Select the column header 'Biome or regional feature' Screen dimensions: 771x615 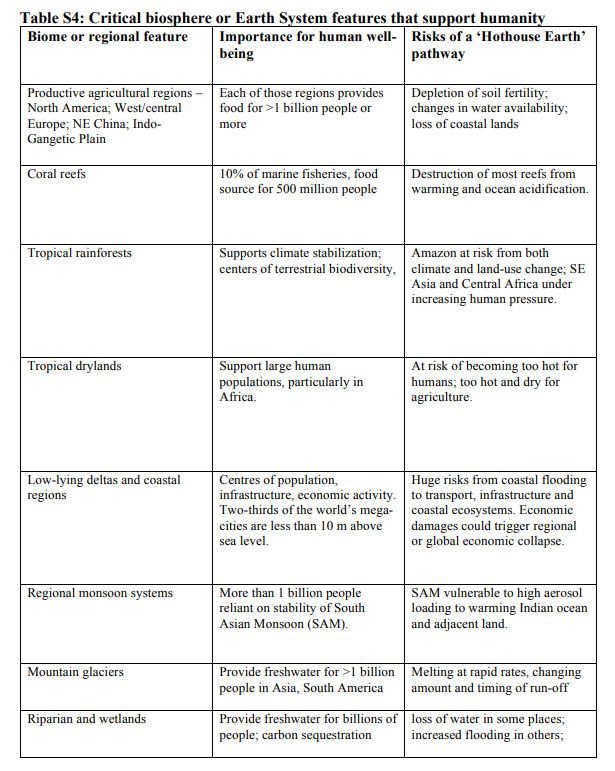click(x=107, y=37)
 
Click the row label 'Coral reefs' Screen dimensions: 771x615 click(x=57, y=173)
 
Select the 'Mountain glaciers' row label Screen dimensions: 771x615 click(x=76, y=672)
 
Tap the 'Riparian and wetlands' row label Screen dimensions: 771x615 click(x=86, y=718)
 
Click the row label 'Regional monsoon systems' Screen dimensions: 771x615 click(x=100, y=593)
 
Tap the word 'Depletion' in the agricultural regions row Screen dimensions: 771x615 click(x=440, y=93)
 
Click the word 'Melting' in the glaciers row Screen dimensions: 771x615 click(x=436, y=672)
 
